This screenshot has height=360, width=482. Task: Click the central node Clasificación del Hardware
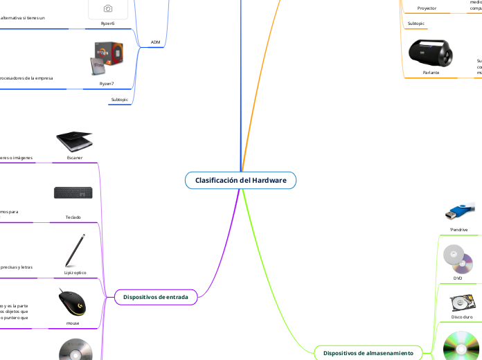pos(240,180)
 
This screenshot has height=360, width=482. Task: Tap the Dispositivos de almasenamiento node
pos(368,353)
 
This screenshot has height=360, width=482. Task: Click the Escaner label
pos(74,158)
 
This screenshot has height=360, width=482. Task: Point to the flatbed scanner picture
pos(74,140)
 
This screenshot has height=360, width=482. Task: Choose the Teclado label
pos(73,217)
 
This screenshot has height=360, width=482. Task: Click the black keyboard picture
pos(73,196)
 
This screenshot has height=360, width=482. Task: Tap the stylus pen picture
pos(75,251)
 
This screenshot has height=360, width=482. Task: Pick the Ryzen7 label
pos(107,83)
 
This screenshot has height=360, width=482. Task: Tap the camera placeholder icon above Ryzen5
pos(108,8)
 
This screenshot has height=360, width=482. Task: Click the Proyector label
pos(427,8)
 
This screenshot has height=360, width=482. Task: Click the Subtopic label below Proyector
pos(417,24)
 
